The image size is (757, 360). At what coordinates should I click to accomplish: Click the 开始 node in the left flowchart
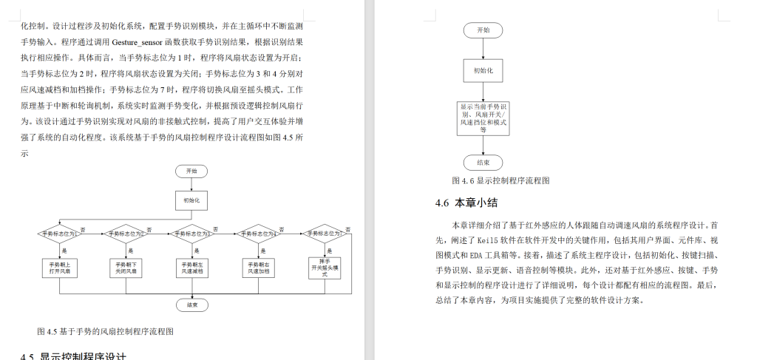[191, 171]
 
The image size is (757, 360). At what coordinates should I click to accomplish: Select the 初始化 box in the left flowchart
[191, 200]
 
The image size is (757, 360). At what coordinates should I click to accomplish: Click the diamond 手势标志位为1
[60, 233]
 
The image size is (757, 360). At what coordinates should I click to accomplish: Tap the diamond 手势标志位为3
[191, 233]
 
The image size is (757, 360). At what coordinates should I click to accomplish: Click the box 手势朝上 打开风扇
[60, 268]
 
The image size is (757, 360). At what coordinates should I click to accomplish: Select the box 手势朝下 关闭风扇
[125, 268]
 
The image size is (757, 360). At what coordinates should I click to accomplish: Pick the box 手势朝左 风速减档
[191, 268]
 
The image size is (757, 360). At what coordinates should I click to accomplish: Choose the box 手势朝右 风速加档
[258, 268]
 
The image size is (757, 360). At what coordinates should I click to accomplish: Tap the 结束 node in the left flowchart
[191, 305]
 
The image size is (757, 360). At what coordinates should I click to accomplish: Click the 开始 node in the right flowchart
[483, 30]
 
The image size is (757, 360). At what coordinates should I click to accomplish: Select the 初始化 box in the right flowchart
[483, 71]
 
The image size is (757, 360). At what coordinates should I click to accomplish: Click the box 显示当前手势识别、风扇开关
[483, 118]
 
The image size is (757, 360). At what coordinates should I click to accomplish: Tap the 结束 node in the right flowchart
[483, 162]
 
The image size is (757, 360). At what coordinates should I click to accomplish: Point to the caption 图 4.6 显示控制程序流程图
[500, 181]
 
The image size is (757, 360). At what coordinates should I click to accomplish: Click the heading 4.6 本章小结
[465, 203]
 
